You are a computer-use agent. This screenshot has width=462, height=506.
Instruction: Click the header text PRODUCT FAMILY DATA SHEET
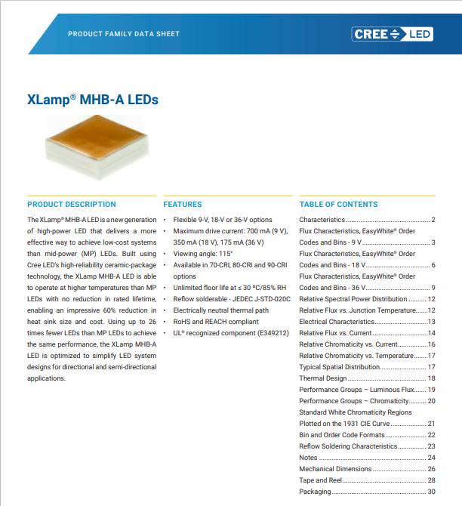pyautogui.click(x=124, y=34)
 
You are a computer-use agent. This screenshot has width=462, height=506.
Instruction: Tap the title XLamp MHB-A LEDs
pyautogui.click(x=93, y=100)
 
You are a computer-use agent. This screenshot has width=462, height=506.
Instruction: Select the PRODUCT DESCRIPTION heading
pyautogui.click(x=72, y=204)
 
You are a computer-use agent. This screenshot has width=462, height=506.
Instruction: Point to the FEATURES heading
pyautogui.click(x=183, y=204)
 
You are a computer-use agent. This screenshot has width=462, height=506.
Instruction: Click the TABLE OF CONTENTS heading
pyautogui.click(x=338, y=204)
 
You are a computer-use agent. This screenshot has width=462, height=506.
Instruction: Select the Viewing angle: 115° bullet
pyautogui.click(x=203, y=254)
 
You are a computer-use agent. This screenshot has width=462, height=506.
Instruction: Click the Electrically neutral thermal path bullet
pyautogui.click(x=221, y=310)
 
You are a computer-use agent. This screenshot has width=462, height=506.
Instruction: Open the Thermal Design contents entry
pyautogui.click(x=323, y=378)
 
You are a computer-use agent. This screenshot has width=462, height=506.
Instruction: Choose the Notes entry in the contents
pyautogui.click(x=308, y=458)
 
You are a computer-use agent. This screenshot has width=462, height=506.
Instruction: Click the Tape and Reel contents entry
pyautogui.click(x=320, y=480)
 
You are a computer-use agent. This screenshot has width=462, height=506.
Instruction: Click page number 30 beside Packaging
pyautogui.click(x=432, y=492)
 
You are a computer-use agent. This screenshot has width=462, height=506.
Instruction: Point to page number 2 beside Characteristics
pyautogui.click(x=433, y=220)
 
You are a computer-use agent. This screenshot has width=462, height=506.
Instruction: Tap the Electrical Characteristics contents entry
pyautogui.click(x=337, y=322)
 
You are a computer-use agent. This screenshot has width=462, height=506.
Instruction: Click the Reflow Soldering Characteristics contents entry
pyautogui.click(x=348, y=446)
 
